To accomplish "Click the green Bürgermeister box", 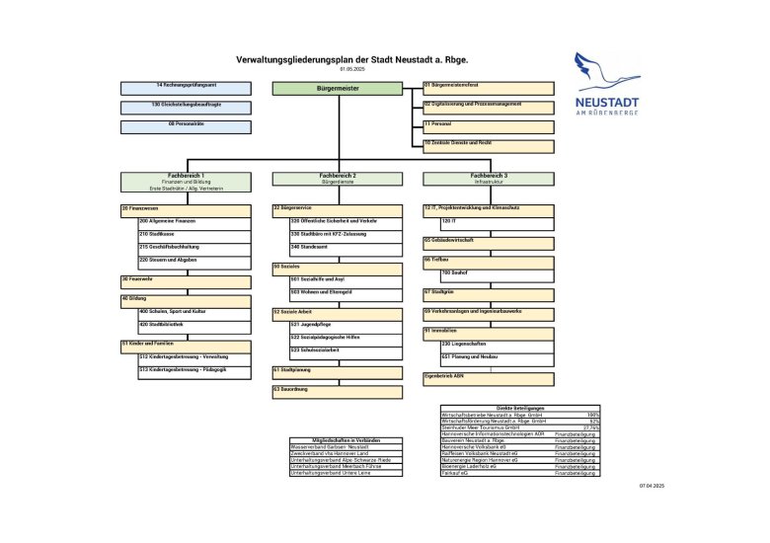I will pos(339,89).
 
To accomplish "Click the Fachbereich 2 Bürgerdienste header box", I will pos(339,179).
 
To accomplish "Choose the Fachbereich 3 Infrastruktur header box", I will pos(490,179).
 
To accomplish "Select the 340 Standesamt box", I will pos(346,249).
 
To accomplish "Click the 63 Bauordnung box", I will pos(338,392).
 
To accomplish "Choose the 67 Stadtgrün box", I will pos(489,294).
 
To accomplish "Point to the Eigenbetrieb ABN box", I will pos(489,378).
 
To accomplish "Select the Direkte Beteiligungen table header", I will pos(520,408).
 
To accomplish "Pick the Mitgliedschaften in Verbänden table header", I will pos(345,439).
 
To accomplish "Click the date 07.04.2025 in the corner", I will pos(653,487).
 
